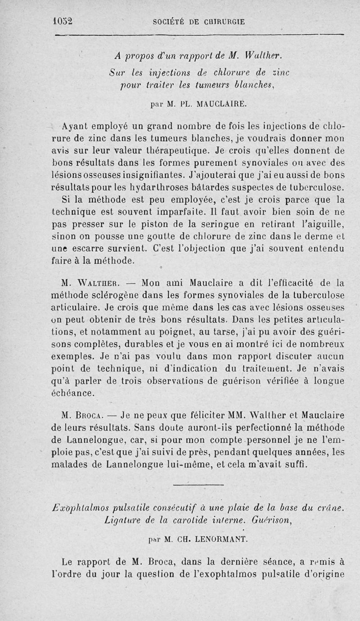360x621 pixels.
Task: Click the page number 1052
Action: click(63, 21)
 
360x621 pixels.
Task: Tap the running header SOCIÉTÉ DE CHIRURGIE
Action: click(199, 21)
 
